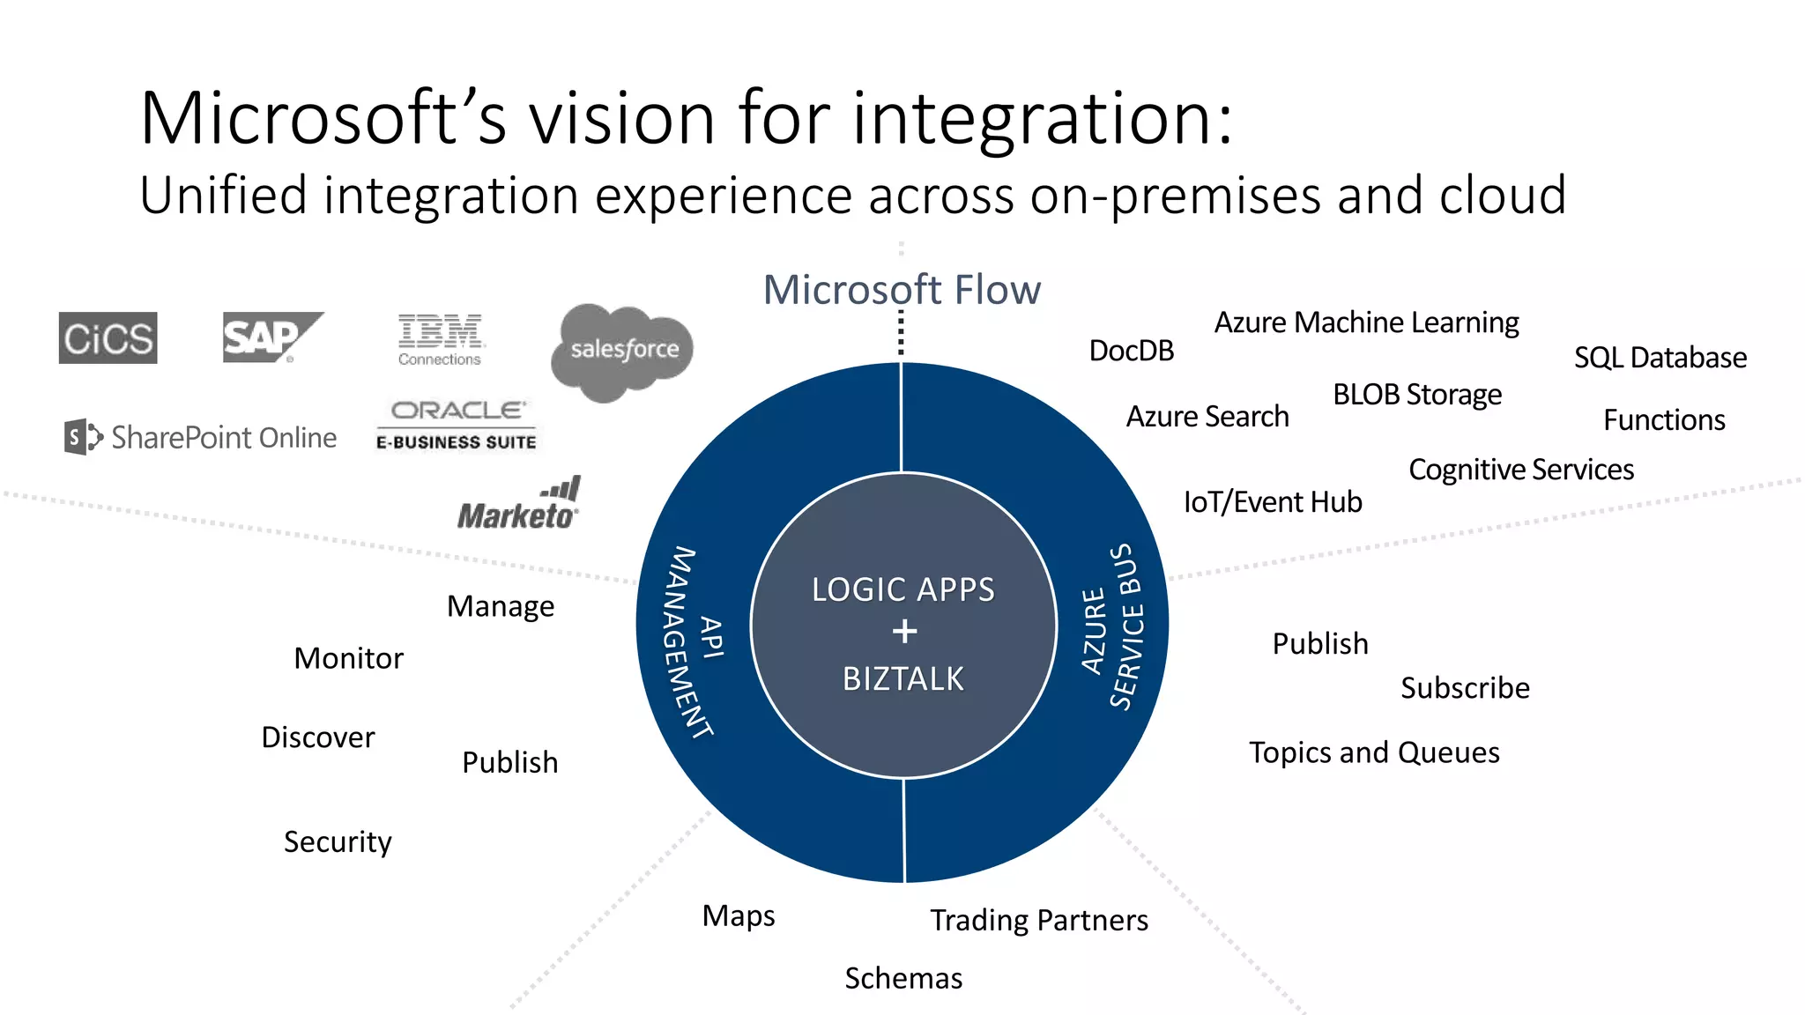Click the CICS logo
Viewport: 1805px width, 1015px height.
point(108,337)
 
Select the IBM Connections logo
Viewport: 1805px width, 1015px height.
point(440,339)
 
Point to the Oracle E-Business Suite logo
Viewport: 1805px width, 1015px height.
point(457,425)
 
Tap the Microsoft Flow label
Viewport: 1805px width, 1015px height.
point(902,289)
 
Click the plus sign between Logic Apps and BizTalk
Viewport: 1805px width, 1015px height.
point(904,632)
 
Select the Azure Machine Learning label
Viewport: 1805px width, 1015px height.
point(1366,322)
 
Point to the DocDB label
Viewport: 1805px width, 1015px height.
point(1132,351)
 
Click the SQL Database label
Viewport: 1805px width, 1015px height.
point(1660,358)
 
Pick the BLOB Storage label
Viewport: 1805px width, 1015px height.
point(1416,395)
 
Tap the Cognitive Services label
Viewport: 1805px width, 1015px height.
point(1521,470)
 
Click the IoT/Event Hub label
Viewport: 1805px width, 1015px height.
point(1273,502)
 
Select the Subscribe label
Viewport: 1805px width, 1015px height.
point(1465,688)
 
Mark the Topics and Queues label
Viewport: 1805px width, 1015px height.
point(1374,752)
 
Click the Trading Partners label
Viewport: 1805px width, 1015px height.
point(1039,921)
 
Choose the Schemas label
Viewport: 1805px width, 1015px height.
point(903,978)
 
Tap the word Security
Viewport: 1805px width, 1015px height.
point(338,842)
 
